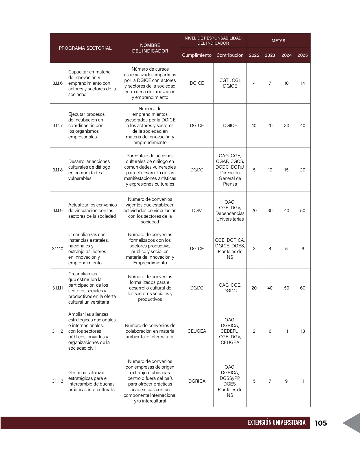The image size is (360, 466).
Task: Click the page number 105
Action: tap(321, 423)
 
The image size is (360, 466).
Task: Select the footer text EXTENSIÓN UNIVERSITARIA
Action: tap(276, 423)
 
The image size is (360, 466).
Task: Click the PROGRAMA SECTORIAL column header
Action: tap(85, 48)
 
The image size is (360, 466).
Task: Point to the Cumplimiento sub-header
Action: tap(197, 55)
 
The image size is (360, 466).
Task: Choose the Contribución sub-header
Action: tap(230, 55)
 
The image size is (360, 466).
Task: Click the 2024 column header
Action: tap(286, 55)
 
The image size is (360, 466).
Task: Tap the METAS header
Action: tap(278, 41)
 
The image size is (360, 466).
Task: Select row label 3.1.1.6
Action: tap(58, 83)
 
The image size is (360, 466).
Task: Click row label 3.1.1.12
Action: tap(58, 331)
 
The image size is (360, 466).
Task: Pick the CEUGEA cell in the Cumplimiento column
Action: tap(197, 331)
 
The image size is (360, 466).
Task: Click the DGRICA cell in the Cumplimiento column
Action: tap(197, 381)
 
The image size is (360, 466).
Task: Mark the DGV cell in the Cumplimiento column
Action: tap(197, 210)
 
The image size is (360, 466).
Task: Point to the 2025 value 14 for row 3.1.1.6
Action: tap(303, 83)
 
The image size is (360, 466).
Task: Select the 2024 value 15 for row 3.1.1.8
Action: tap(286, 170)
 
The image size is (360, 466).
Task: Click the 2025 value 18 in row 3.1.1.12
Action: tap(303, 331)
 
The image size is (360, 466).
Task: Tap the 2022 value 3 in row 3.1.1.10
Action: tap(254, 249)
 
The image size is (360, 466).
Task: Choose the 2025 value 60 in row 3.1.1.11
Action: tap(303, 288)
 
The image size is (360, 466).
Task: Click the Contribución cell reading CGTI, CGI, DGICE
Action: tap(230, 83)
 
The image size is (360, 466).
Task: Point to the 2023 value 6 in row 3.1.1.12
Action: tap(270, 331)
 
